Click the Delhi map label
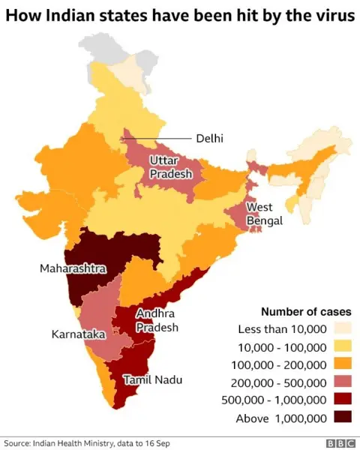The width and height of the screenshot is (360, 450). pos(210,138)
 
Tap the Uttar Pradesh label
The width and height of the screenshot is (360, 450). pos(170,166)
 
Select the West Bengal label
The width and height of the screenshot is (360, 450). pos(265,213)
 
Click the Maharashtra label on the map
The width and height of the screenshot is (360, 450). pos(73,268)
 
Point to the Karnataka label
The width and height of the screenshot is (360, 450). pos(78,333)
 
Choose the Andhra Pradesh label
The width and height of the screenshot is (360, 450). pos(157,320)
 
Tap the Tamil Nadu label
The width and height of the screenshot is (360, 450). pos(152,379)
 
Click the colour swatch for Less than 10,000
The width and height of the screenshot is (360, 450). pos(341,328)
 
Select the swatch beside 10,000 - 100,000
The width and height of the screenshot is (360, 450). pos(341,346)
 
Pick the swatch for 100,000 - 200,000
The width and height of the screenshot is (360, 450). pos(341,364)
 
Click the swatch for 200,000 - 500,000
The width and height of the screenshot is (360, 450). pos(341,382)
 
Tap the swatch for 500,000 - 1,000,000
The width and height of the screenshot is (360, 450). pos(341,400)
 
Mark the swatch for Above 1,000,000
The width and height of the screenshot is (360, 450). pos(341,418)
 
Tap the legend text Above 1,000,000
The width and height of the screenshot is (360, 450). pos(281,418)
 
